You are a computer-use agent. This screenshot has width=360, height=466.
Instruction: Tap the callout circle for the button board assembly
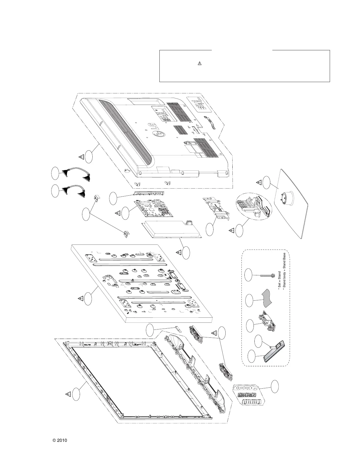point(275,386)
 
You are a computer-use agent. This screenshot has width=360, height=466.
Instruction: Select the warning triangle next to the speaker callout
point(214,333)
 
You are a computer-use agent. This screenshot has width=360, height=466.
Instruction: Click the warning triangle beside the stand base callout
point(259,182)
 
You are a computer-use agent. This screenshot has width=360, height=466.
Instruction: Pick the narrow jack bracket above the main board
point(149,193)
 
